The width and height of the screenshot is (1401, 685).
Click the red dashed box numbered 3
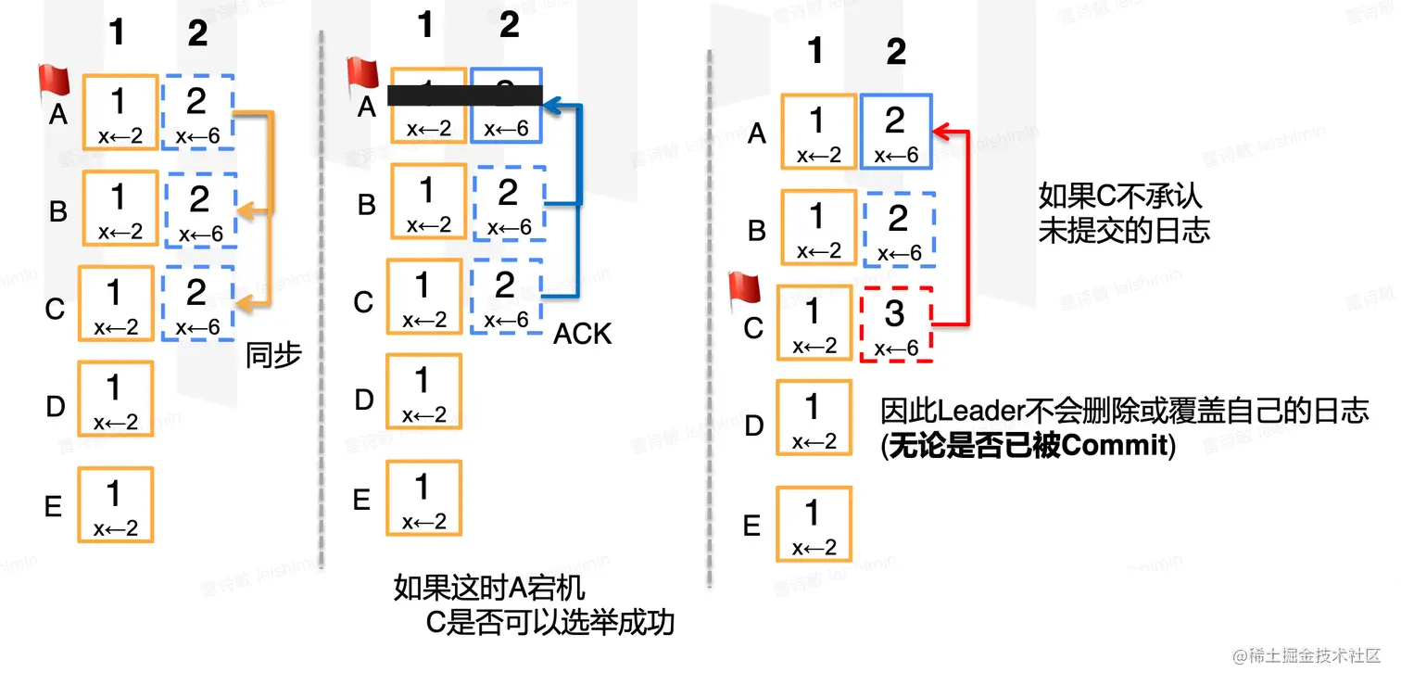[896, 323]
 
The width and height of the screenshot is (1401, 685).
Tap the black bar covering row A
[463, 95]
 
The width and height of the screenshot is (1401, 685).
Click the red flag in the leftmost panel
[54, 81]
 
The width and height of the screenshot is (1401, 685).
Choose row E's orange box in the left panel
[115, 504]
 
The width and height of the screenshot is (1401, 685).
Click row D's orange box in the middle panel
[423, 390]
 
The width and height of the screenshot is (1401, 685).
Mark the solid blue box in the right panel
[895, 131]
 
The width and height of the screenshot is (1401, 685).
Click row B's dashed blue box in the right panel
[898, 229]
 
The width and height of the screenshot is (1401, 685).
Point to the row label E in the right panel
[751, 526]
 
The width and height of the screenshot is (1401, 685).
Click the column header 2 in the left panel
[197, 33]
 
